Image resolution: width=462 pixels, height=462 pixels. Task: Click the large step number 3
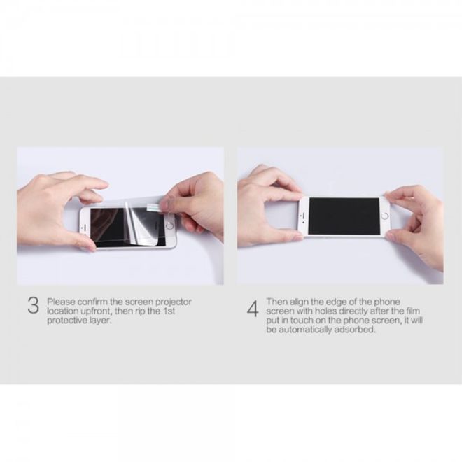(x=34, y=305)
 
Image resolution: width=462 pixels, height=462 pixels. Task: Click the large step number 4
(x=253, y=309)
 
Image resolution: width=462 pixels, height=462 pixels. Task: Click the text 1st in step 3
(x=169, y=311)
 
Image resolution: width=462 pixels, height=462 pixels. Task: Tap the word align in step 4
(x=299, y=302)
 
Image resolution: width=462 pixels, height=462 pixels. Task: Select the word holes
(x=326, y=311)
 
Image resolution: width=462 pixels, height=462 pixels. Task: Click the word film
(x=412, y=311)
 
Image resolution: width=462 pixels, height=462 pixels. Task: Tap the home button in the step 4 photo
(x=384, y=216)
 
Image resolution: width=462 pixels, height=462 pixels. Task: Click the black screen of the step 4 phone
(x=344, y=216)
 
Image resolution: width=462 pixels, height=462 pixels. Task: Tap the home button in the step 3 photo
(x=169, y=225)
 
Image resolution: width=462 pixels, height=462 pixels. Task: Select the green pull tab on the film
(x=153, y=206)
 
